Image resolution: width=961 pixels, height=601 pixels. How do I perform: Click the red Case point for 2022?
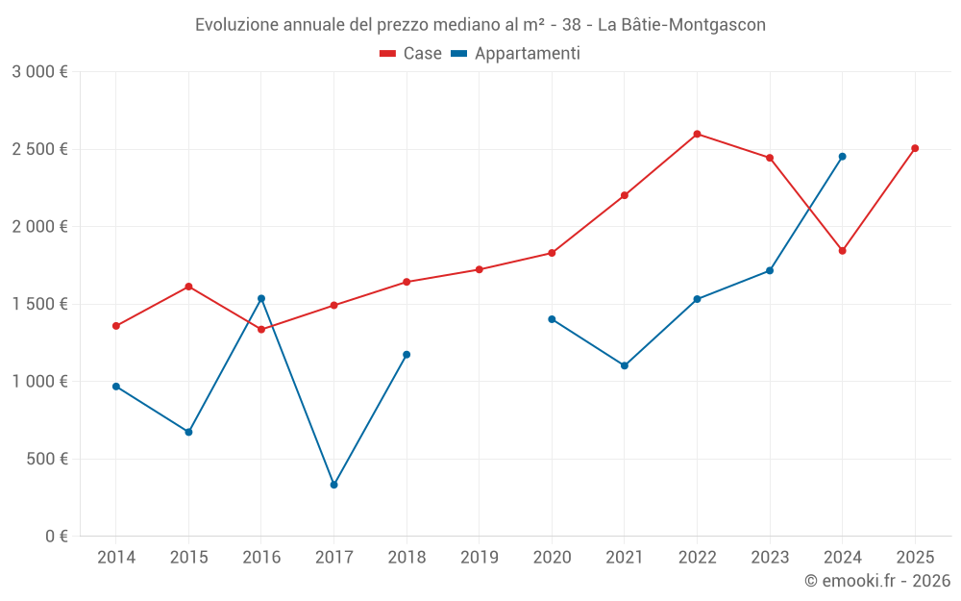coord(697,134)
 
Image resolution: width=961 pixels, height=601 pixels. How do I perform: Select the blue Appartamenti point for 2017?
coord(333,485)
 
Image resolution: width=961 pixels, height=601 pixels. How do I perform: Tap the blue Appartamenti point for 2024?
coord(842,156)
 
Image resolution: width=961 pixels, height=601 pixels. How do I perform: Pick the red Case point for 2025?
coord(915,148)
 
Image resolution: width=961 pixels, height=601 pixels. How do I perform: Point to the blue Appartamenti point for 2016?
coord(261,298)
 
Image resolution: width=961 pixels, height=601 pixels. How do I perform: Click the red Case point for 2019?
coord(479,269)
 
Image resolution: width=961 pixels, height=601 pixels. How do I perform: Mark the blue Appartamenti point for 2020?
coord(552,319)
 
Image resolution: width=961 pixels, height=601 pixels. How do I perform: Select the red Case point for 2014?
coord(116,326)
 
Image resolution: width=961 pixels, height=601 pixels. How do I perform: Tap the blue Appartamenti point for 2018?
coord(407,355)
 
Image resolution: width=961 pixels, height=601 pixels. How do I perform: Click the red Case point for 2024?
coord(842,251)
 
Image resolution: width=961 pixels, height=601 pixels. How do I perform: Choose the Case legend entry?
coord(411,54)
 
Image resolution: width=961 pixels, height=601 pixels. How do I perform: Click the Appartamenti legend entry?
coord(516,54)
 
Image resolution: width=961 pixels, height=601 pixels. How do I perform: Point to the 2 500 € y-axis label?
coord(39,149)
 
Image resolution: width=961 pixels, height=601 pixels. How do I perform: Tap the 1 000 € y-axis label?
coord(39,382)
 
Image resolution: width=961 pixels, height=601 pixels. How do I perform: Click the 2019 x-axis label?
coord(479,557)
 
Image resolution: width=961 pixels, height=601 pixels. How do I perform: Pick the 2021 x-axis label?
coord(624,557)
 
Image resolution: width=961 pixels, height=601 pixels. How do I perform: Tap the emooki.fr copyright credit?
coord(877,581)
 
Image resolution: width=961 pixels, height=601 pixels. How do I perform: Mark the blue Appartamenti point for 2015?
coord(188,432)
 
